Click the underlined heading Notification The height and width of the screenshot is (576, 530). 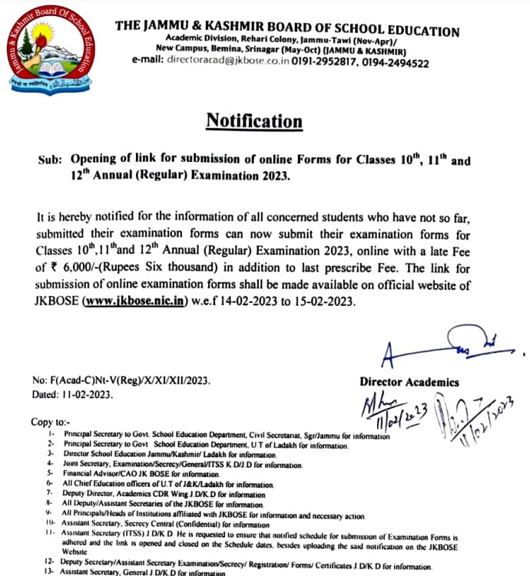click(x=253, y=121)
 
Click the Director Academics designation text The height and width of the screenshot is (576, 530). click(x=409, y=381)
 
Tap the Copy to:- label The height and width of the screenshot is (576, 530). click(x=50, y=422)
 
